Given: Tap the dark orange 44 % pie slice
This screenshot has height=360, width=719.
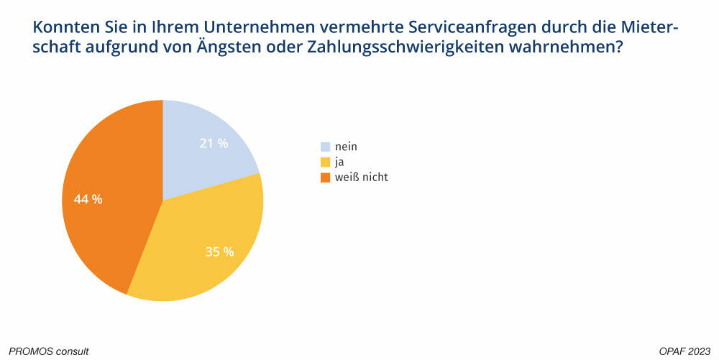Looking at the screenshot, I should click(x=108, y=201).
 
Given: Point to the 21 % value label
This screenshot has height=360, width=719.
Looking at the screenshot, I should click(x=214, y=143).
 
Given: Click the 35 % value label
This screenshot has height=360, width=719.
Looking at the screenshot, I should click(x=220, y=251).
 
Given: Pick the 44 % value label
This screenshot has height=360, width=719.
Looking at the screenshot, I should click(x=88, y=199).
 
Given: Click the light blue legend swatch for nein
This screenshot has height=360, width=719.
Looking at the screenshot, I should click(x=325, y=147).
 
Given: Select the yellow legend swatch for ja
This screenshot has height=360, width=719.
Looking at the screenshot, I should click(x=325, y=162).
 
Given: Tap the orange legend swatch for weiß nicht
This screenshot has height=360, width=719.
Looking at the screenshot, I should click(x=325, y=177).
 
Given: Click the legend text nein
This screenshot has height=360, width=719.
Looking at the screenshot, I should click(x=346, y=147).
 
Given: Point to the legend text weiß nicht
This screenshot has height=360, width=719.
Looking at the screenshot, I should click(x=361, y=177).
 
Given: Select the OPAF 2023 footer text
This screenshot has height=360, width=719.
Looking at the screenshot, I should click(x=684, y=351).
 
